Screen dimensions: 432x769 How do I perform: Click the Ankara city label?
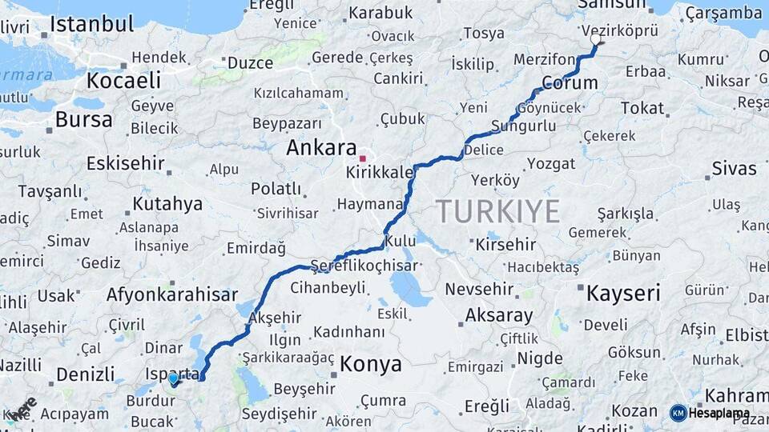pos(321,148)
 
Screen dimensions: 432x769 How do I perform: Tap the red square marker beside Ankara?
pos(362,158)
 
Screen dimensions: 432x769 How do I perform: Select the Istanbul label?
pos(91,24)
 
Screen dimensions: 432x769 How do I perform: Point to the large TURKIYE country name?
pos(497,211)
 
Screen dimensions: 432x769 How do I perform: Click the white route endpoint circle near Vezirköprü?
pos(595,38)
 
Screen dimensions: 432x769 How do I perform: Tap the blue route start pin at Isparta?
pos(173,378)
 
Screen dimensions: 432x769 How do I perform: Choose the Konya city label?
pos(370,365)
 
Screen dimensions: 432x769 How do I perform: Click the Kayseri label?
pos(623,293)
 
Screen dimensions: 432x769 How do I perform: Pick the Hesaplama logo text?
pos(719,414)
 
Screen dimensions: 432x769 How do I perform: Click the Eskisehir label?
pos(125,164)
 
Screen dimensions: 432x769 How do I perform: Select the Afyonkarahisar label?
pos(172,294)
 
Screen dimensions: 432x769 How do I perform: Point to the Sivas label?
pos(734,168)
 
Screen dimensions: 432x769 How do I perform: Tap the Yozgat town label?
pos(550,163)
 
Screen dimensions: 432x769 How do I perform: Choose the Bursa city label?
pos(83,120)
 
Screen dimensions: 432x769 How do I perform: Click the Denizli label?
pos(85,374)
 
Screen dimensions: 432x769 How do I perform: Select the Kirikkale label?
pos(380,173)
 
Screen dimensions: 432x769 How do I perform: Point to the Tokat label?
pos(642,108)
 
